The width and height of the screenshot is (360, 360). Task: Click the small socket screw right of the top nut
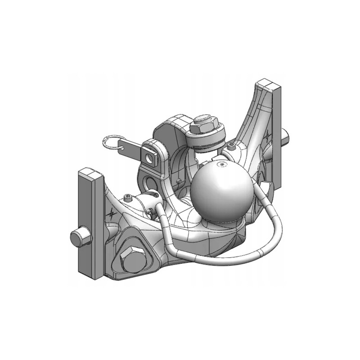[231, 146]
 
